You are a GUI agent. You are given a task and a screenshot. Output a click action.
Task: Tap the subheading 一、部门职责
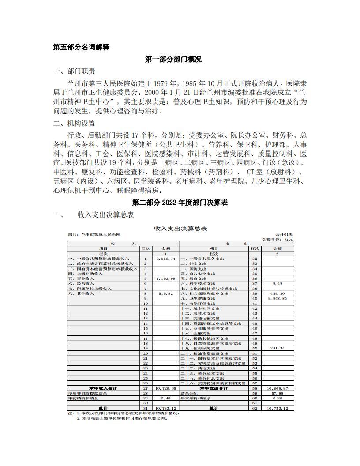pyautogui.click(x=73, y=71)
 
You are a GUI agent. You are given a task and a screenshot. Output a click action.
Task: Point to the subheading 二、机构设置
pyautogui.click(x=73, y=124)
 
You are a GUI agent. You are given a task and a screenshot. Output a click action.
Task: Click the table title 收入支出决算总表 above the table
pyautogui.click(x=180, y=228)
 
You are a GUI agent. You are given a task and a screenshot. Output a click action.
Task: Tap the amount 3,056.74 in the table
pyautogui.click(x=166, y=259)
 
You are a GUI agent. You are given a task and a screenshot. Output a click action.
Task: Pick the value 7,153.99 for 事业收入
pyautogui.click(x=166, y=278)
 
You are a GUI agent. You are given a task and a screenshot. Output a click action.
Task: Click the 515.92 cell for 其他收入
pyautogui.click(x=166, y=293)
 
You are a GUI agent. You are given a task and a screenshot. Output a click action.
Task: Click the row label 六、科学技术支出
pyautogui.click(x=198, y=283)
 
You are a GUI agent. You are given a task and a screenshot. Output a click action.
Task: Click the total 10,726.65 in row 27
pyautogui.click(x=166, y=388)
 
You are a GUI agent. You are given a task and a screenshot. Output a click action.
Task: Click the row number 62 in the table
pyautogui.click(x=255, y=408)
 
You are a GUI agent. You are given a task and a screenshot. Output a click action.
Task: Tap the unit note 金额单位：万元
pyautogui.click(x=277, y=239)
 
